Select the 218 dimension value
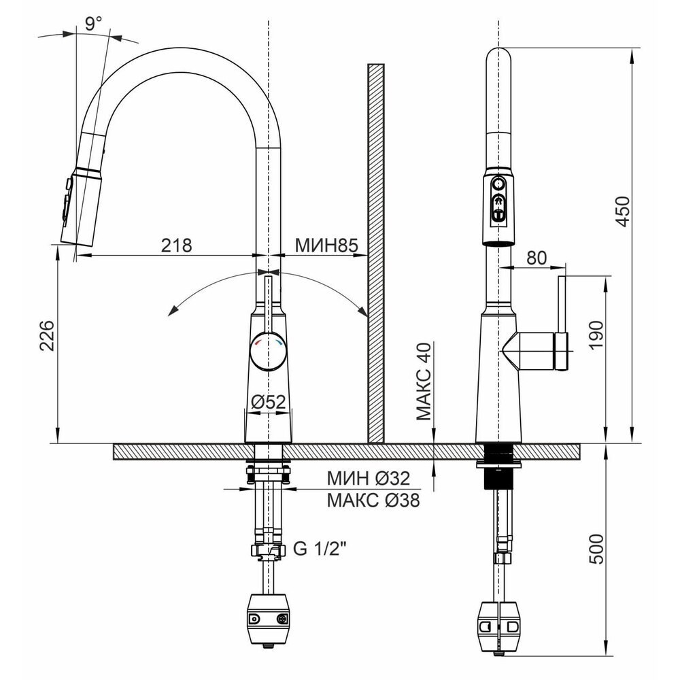(177, 245)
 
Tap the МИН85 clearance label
(326, 245)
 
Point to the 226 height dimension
(46, 335)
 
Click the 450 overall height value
(623, 211)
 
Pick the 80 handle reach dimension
(537, 258)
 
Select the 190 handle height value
(596, 335)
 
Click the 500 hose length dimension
(597, 549)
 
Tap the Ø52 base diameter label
(269, 402)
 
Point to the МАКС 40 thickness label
(424, 381)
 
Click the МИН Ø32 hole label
(368, 478)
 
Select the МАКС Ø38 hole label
(373, 500)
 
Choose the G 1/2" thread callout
(320, 549)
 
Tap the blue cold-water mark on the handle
(279, 343)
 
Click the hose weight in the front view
(269, 616)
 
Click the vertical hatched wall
(376, 254)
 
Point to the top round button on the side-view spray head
(498, 184)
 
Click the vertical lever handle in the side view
(562, 322)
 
